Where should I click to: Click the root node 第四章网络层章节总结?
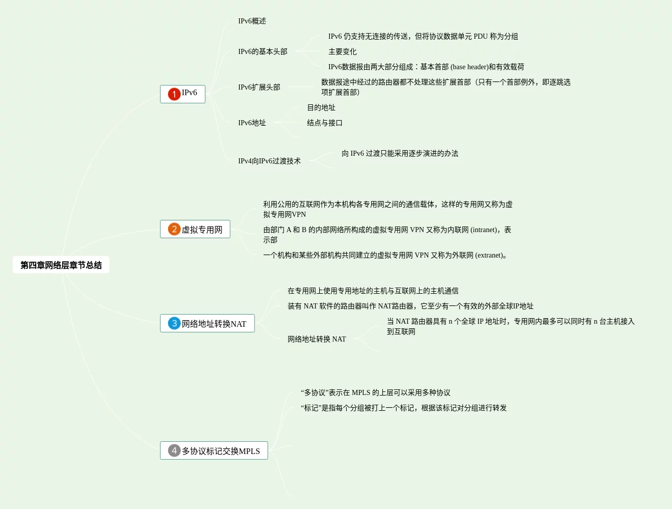61,265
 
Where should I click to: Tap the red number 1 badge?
174,94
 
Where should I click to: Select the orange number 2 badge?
174,229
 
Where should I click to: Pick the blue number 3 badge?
174,323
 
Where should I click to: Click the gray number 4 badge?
174,450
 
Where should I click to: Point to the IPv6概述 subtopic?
252,21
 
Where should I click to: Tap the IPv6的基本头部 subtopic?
263,51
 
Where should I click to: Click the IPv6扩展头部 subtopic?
259,87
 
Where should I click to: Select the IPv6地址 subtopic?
252,123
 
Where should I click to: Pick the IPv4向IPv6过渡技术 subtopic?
269,161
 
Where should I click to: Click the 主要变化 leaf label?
343,51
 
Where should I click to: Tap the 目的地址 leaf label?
321,107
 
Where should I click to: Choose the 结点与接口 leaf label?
325,123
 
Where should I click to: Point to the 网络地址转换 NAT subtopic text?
317,339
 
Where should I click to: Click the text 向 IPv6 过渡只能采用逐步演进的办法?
400,153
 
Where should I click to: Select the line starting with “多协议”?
376,392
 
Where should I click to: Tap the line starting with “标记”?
404,408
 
